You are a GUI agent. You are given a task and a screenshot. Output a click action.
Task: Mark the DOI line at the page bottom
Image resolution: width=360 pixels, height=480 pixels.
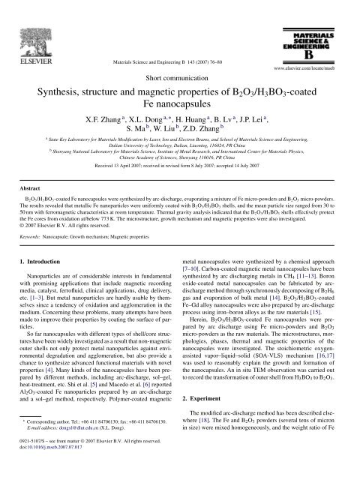[56, 474]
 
